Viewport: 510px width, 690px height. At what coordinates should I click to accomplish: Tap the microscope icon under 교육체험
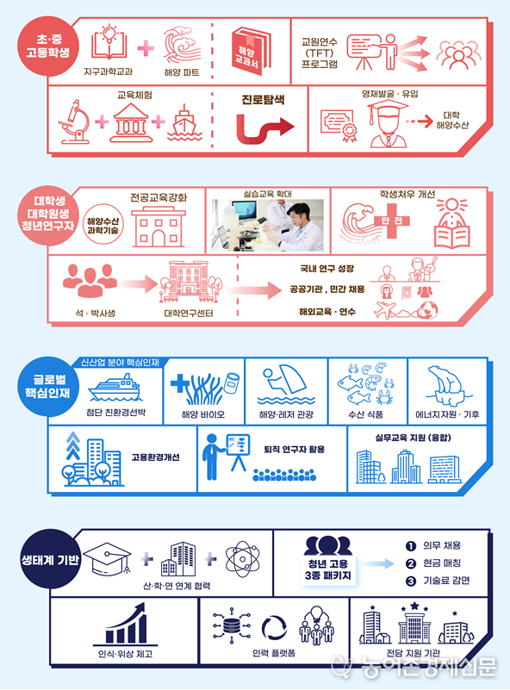pyautogui.click(x=73, y=121)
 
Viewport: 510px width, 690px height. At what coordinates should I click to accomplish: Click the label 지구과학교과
pyautogui.click(x=108, y=71)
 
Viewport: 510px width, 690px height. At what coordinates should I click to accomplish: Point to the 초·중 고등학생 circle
pyautogui.click(x=47, y=47)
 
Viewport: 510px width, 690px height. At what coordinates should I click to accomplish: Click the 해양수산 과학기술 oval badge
pyautogui.click(x=103, y=225)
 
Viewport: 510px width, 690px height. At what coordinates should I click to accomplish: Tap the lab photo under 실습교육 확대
pyautogui.click(x=268, y=225)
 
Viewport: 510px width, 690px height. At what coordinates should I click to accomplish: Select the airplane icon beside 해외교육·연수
pyautogui.click(x=384, y=310)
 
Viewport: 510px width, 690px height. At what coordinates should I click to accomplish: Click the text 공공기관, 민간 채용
pyautogui.click(x=327, y=289)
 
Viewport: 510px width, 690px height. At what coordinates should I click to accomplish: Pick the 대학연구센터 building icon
pyautogui.click(x=190, y=282)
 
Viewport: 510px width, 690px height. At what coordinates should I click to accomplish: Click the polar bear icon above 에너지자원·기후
pyautogui.click(x=447, y=386)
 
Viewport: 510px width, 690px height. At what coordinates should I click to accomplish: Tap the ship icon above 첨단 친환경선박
pyautogui.click(x=115, y=389)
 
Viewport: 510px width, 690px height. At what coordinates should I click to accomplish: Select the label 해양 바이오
pyautogui.click(x=203, y=414)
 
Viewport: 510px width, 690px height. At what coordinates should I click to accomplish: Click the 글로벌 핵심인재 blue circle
pyautogui.click(x=47, y=387)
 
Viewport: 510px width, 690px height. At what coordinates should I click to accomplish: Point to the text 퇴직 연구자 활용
pyautogui.click(x=294, y=450)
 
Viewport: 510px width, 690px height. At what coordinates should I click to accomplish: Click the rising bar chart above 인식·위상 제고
pyautogui.click(x=126, y=624)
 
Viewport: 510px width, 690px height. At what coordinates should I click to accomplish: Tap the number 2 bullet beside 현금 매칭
pyautogui.click(x=411, y=563)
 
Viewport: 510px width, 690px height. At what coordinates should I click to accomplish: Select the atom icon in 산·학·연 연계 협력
pyautogui.click(x=242, y=559)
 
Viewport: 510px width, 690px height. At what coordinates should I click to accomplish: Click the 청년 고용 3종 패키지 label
pyautogui.click(x=328, y=569)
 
